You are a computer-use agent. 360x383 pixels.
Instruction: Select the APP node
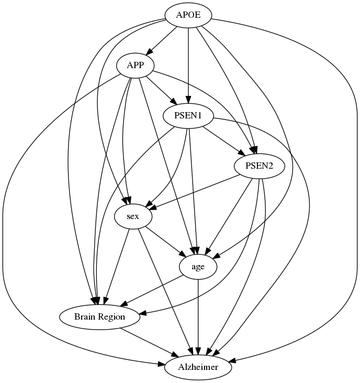tap(136, 66)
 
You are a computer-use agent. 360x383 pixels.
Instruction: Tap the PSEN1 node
tap(189, 116)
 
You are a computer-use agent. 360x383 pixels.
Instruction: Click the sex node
tap(133, 216)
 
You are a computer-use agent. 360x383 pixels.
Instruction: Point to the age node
tap(198, 267)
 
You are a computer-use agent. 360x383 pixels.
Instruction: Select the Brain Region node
tap(99, 317)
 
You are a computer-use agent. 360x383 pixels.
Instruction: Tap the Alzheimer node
tap(198, 367)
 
